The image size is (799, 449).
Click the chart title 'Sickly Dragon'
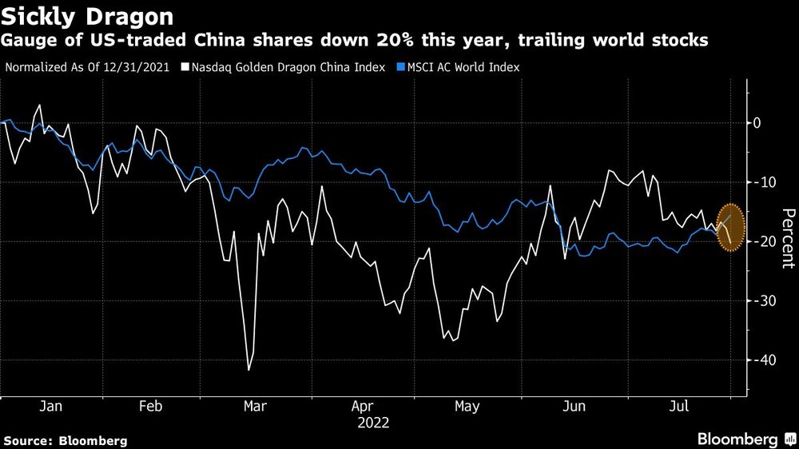pyautogui.click(x=88, y=16)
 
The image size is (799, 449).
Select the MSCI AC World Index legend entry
pyautogui.click(x=464, y=67)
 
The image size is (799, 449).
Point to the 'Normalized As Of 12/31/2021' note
pyautogui.click(x=89, y=67)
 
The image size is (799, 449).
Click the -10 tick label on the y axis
pyautogui.click(x=759, y=182)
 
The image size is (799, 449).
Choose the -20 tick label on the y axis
pyautogui.click(x=759, y=241)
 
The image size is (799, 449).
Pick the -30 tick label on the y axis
pyautogui.click(x=759, y=301)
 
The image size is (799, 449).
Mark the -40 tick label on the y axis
pyautogui.click(x=759, y=360)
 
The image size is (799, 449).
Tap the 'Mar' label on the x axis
pyautogui.click(x=255, y=407)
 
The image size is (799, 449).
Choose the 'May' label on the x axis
pyautogui.click(x=467, y=407)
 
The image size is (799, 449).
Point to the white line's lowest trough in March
pyautogui.click(x=248, y=370)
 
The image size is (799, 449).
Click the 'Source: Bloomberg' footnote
pyautogui.click(x=66, y=440)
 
